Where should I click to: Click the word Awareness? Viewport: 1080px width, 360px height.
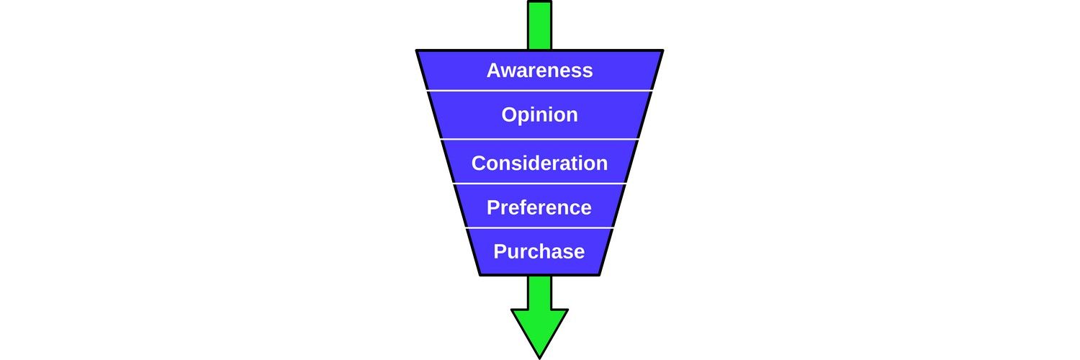coord(539,71)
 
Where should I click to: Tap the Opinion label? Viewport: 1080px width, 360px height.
coord(539,115)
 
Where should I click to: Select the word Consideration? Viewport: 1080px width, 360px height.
coord(539,163)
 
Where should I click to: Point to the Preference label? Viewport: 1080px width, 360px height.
coord(539,207)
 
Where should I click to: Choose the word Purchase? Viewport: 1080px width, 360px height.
coord(539,252)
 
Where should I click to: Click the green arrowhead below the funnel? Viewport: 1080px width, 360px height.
coord(539,328)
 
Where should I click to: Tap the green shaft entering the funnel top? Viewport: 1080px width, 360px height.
coord(539,25)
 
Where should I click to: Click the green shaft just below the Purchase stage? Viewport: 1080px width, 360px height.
coord(539,292)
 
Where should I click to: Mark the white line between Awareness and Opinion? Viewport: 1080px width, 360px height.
coord(539,91)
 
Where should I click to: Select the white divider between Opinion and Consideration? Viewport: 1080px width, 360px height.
coord(539,139)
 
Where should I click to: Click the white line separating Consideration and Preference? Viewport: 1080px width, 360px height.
coord(539,184)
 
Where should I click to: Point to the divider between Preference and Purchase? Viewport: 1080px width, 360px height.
coord(539,228)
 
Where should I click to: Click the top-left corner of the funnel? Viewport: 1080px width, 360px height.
coord(418,51)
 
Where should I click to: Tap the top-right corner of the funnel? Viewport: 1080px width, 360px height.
coord(661,51)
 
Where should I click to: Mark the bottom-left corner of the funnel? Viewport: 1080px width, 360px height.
coord(480,274)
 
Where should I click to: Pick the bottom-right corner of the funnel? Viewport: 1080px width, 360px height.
coord(599,274)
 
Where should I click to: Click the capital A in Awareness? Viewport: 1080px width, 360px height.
coord(494,71)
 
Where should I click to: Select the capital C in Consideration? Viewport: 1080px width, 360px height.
coord(479,163)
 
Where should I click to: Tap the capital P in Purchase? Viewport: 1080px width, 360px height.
coord(500,252)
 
